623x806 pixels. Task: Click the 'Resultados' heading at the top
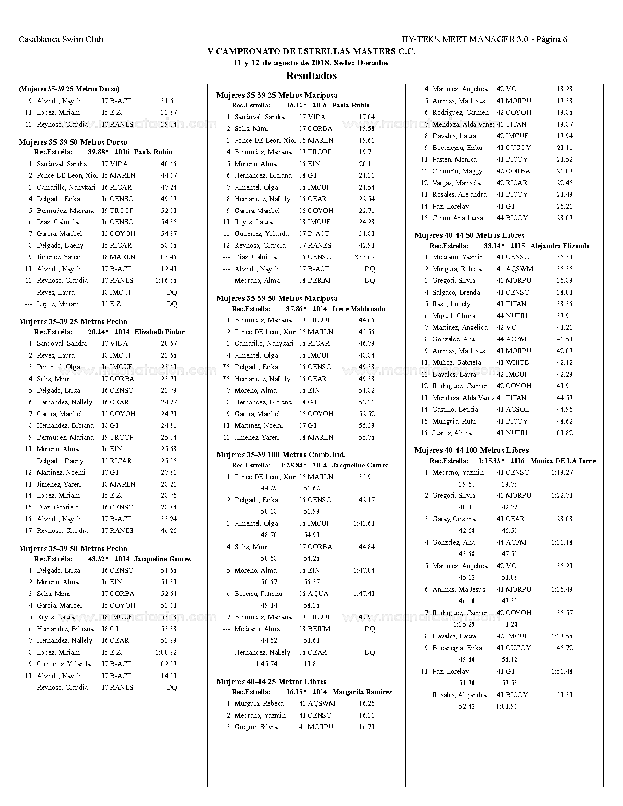(311, 76)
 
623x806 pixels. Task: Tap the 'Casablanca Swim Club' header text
(61, 39)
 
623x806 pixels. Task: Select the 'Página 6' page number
(552, 39)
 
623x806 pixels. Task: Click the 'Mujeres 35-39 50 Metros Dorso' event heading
(73, 142)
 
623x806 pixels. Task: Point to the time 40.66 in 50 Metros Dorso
(169, 164)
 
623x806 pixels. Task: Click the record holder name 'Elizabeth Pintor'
(159, 332)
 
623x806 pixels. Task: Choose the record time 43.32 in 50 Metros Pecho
(97, 559)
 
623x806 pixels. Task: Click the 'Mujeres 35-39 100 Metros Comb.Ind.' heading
(281, 455)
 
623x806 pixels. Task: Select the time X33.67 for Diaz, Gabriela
(365, 257)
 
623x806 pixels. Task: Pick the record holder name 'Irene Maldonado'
(358, 309)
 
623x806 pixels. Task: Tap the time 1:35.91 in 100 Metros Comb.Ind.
(364, 477)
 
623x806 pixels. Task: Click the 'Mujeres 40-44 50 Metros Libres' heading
(469, 235)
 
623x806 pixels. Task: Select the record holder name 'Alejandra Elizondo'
(559, 246)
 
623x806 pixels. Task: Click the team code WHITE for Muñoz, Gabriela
(517, 362)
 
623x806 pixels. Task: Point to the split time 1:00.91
(506, 706)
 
